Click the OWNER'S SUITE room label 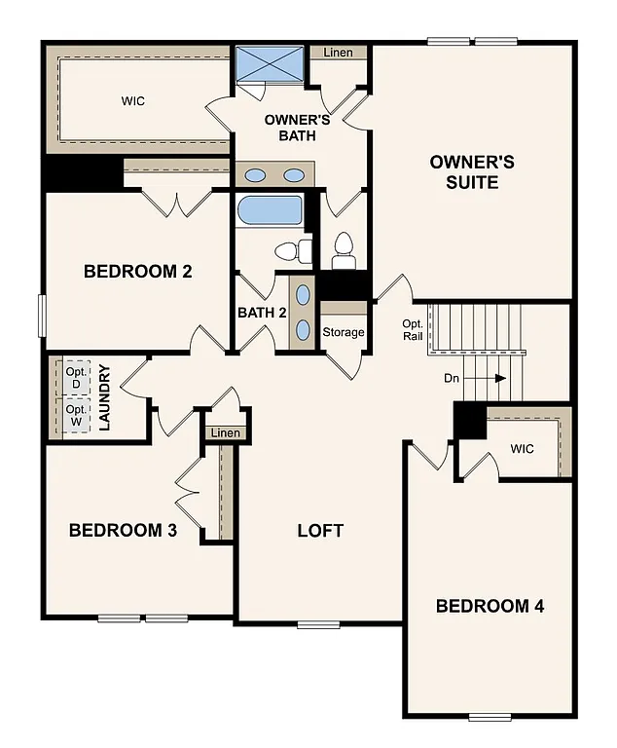click(x=472, y=171)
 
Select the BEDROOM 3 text click(x=123, y=531)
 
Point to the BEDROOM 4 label click(x=490, y=606)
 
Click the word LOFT click(x=320, y=531)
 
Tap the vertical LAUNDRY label click(x=105, y=398)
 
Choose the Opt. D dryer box click(x=77, y=378)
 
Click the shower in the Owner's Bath click(x=271, y=65)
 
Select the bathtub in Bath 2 click(x=271, y=210)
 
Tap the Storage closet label click(x=344, y=332)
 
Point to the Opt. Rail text click(x=413, y=331)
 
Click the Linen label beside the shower click(x=339, y=52)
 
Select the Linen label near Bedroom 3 click(x=225, y=432)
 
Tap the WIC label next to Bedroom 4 click(x=522, y=449)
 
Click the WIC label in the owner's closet click(x=133, y=101)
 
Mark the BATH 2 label click(x=262, y=313)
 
